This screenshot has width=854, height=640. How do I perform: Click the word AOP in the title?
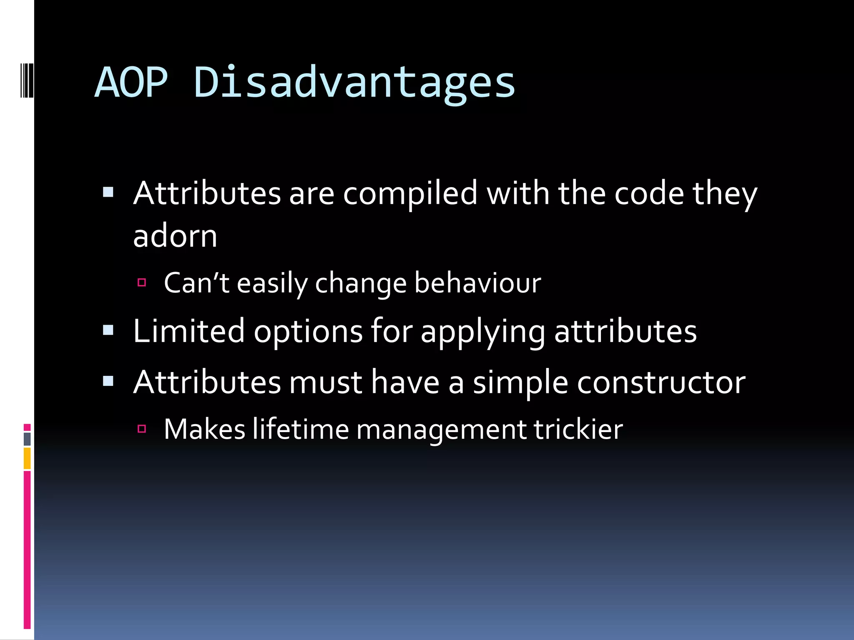pyautogui.click(x=131, y=82)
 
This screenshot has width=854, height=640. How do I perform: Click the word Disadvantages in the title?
pyautogui.click(x=354, y=82)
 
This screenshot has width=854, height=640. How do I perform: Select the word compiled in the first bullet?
pyautogui.click(x=410, y=194)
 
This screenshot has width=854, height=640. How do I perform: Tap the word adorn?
pyautogui.click(x=175, y=236)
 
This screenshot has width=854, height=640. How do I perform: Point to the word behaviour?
pyautogui.click(x=477, y=283)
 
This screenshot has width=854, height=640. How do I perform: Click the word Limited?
pyautogui.click(x=188, y=331)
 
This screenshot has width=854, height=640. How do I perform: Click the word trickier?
pyautogui.click(x=578, y=429)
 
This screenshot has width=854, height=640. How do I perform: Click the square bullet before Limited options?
pyautogui.click(x=108, y=330)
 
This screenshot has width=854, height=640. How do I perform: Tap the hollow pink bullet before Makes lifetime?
pyautogui.click(x=142, y=429)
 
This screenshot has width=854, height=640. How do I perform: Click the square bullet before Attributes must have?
pyautogui.click(x=108, y=381)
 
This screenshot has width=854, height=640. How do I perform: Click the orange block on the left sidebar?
pyautogui.click(x=27, y=458)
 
